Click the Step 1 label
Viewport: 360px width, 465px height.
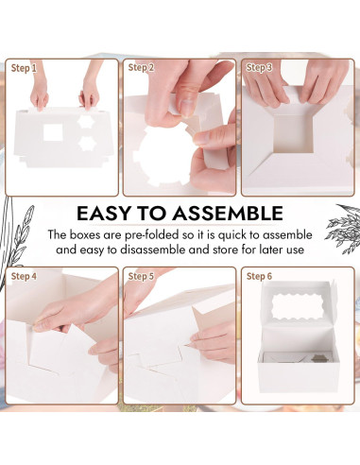point(24,68)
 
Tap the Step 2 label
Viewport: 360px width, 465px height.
point(141,68)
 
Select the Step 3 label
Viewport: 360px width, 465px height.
point(259,68)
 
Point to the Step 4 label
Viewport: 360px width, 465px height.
point(24,276)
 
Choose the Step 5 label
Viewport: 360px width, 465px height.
point(141,276)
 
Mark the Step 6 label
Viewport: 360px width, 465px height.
point(259,276)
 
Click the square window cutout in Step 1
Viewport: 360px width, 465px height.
point(56,133)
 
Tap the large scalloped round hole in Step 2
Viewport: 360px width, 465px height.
point(162,150)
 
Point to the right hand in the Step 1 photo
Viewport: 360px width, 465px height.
point(90,93)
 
